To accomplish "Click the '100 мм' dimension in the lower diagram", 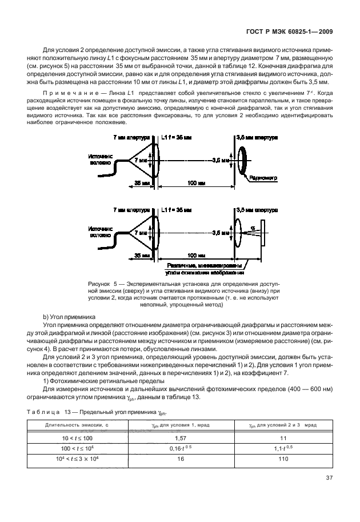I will (x=197, y=254).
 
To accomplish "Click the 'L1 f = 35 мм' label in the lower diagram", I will (x=177, y=210).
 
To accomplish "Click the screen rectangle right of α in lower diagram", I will (x=263, y=233).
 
